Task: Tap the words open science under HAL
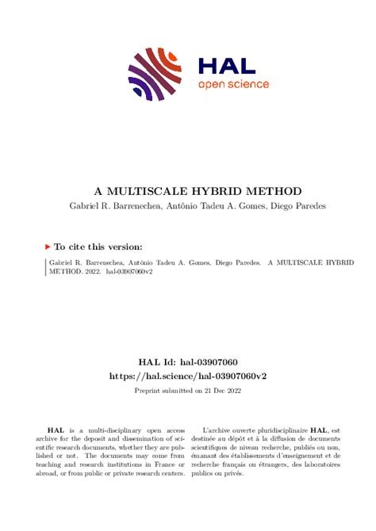tap(233, 85)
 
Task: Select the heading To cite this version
tap(98, 246)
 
